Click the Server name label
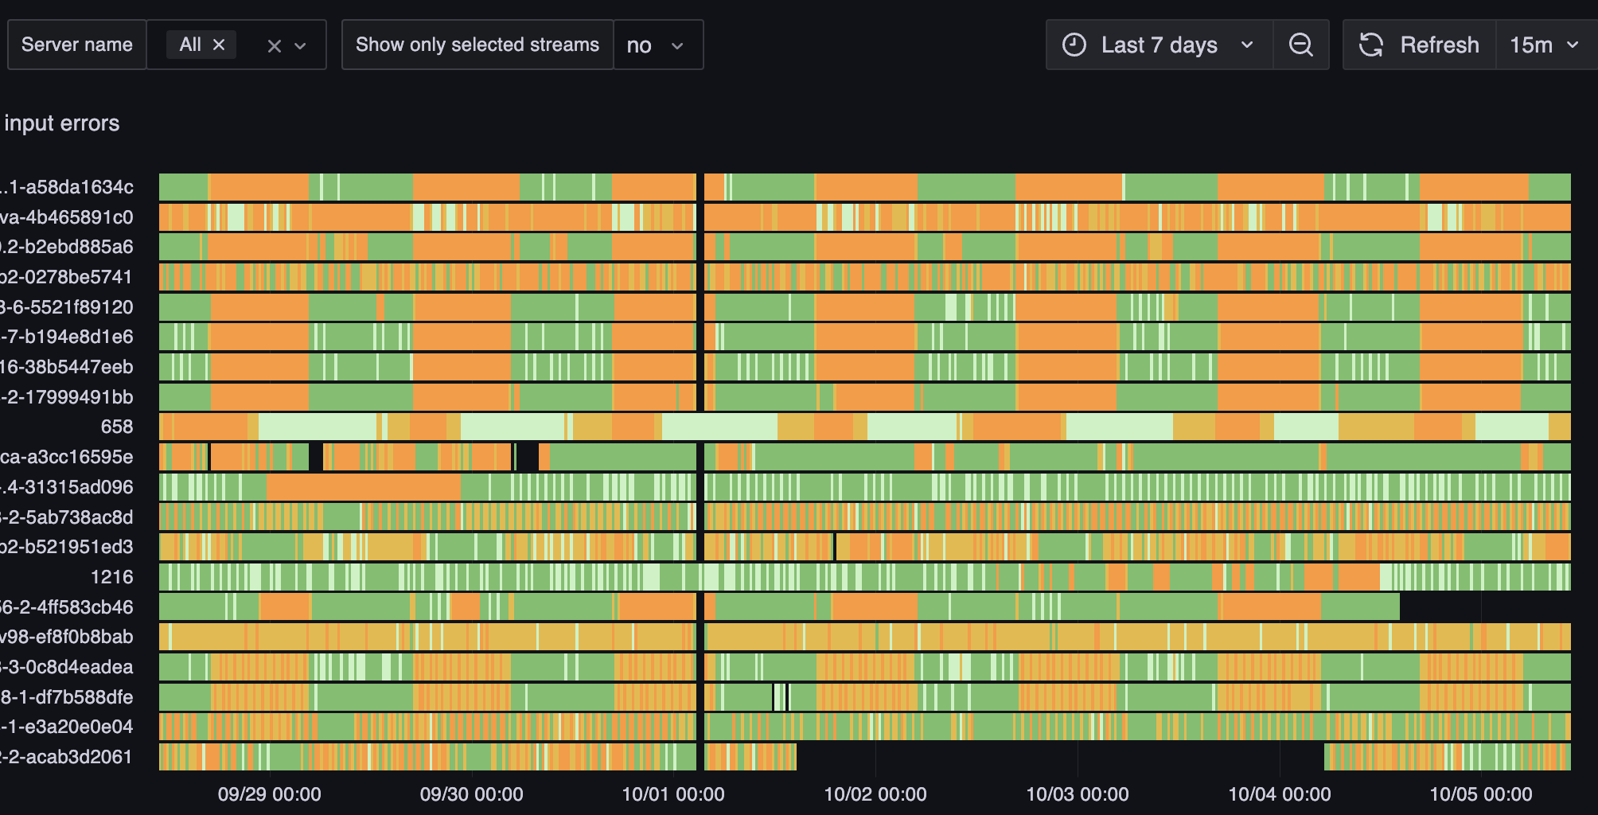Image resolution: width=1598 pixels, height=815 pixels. point(77,45)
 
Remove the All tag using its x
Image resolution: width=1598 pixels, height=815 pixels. point(219,45)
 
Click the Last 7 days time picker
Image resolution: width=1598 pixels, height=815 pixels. point(1159,45)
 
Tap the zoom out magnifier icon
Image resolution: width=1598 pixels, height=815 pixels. point(1300,45)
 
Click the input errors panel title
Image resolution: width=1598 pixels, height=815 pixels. point(62,123)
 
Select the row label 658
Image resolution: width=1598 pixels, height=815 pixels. point(117,427)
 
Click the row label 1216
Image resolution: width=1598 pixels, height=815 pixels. point(112,577)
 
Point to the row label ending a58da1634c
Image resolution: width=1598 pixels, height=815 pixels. point(68,187)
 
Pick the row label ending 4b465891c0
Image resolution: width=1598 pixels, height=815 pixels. point(67,217)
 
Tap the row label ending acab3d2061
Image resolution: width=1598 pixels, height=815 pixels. point(67,757)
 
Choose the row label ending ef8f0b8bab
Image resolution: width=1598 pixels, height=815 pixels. point(67,637)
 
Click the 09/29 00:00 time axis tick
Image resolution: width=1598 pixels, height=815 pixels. point(269,794)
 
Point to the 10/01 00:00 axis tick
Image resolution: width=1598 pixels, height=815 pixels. point(673,794)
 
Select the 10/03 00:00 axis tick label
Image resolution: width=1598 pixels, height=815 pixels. point(1078,794)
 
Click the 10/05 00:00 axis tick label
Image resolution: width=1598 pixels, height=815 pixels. point(1481,794)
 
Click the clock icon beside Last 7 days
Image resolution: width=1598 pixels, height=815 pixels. point(1074,45)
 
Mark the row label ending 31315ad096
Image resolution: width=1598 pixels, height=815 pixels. point(68,487)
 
